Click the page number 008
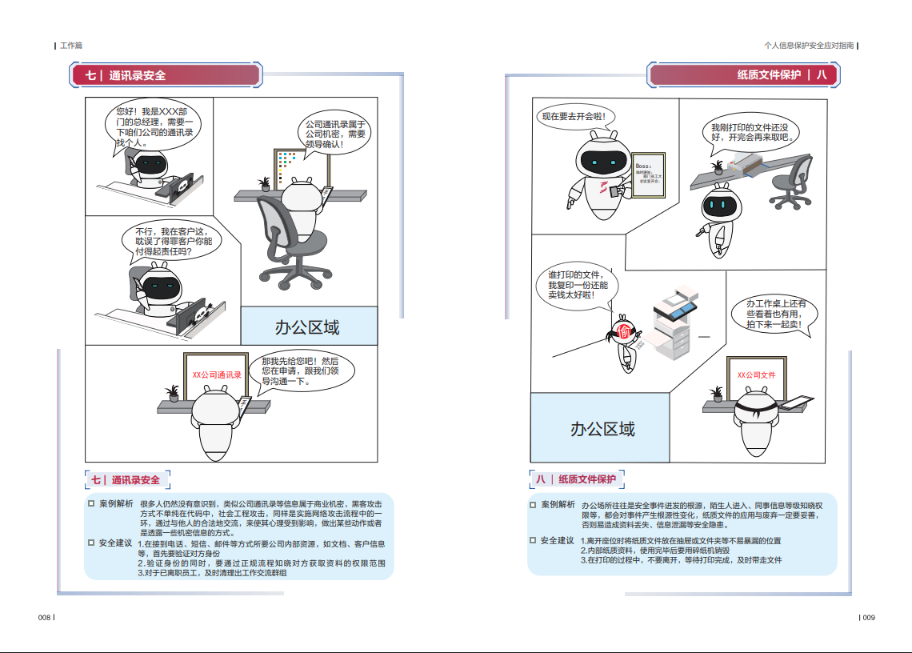click(x=45, y=617)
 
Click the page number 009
click(x=868, y=617)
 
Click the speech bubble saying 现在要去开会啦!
click(x=574, y=117)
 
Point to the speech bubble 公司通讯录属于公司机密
click(x=335, y=134)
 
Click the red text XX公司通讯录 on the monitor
click(x=217, y=375)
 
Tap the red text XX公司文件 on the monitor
click(x=756, y=375)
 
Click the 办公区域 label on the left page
click(x=307, y=326)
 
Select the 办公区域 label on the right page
click(x=602, y=429)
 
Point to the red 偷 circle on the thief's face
click(x=625, y=332)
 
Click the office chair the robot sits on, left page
click(x=288, y=240)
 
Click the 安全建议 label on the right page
click(x=558, y=541)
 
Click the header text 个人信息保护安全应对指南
click(x=809, y=46)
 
